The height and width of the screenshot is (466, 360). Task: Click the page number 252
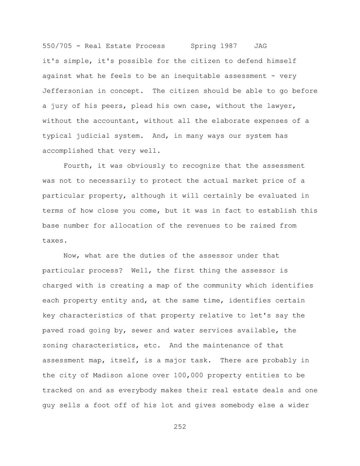point(180,427)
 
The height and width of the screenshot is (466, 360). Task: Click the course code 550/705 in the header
point(57,46)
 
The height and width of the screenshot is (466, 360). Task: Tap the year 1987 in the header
point(229,46)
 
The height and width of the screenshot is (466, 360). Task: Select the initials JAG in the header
point(260,46)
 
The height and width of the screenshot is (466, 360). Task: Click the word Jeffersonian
point(68,91)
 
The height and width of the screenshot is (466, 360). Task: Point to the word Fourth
point(76,166)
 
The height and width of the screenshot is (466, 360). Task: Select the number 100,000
point(188,376)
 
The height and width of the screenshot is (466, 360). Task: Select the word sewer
point(142,330)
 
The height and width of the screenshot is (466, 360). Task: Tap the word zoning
point(55,345)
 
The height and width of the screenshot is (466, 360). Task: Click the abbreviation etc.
point(152,345)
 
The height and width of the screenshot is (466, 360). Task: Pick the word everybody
point(137,390)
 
